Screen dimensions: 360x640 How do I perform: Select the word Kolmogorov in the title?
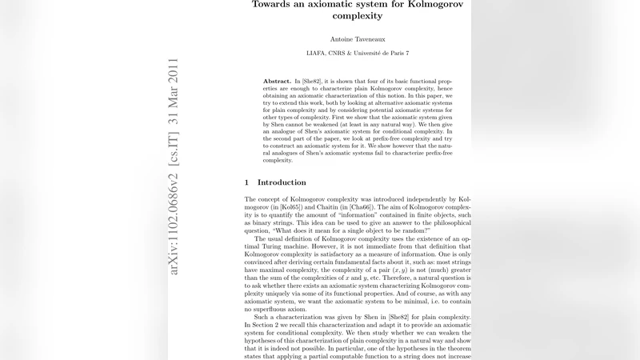pos(428,3)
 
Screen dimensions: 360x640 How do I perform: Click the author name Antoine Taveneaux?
pos(358,38)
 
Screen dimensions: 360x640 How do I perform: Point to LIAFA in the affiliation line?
pos(319,54)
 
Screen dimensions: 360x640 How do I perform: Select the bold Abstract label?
pos(277,82)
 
